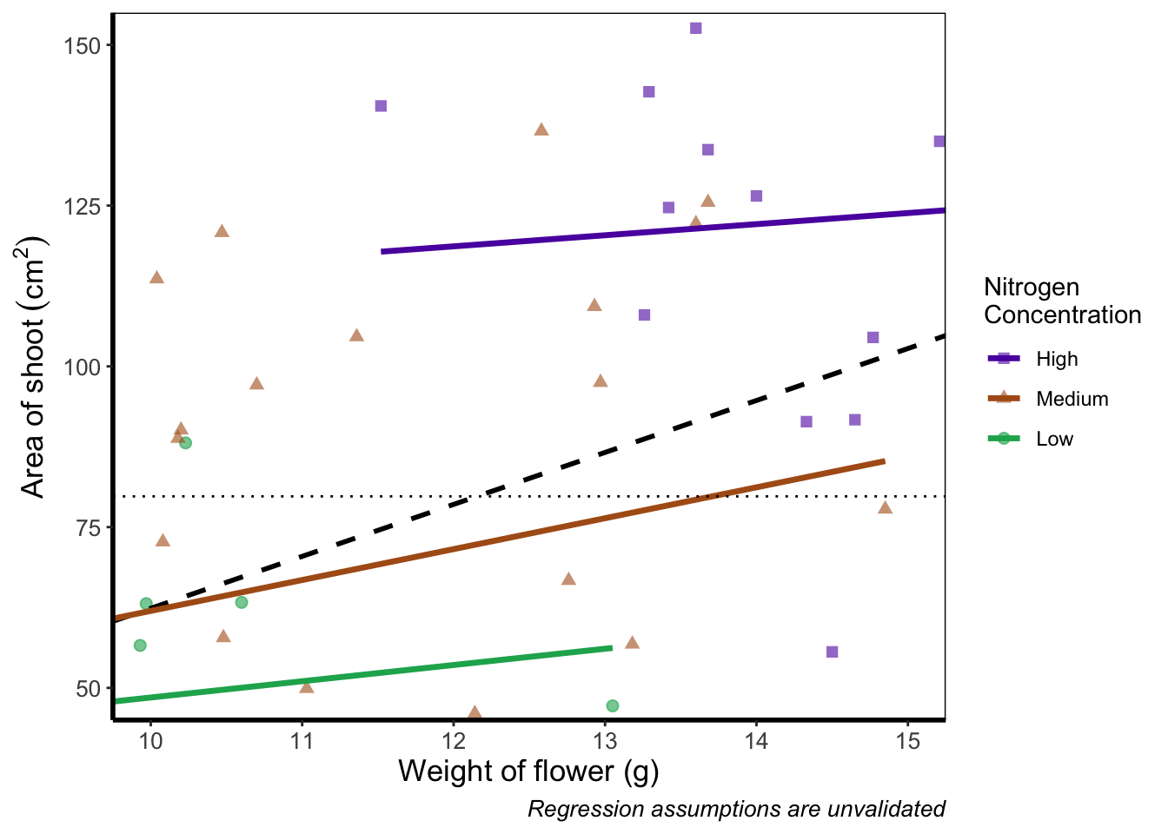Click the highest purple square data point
click(x=695, y=29)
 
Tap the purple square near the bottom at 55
click(x=832, y=652)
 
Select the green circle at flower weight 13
click(x=612, y=705)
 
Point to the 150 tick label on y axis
click(x=83, y=45)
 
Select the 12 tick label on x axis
click(x=453, y=741)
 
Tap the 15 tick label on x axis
click(x=907, y=741)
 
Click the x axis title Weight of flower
click(x=528, y=771)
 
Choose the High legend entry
click(x=1056, y=359)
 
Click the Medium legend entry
click(x=1072, y=399)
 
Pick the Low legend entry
click(x=1054, y=439)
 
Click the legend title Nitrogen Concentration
click(x=1062, y=301)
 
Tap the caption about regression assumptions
click(x=736, y=810)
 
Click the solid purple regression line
click(x=660, y=231)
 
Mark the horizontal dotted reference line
click(x=348, y=496)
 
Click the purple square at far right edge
click(x=939, y=142)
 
